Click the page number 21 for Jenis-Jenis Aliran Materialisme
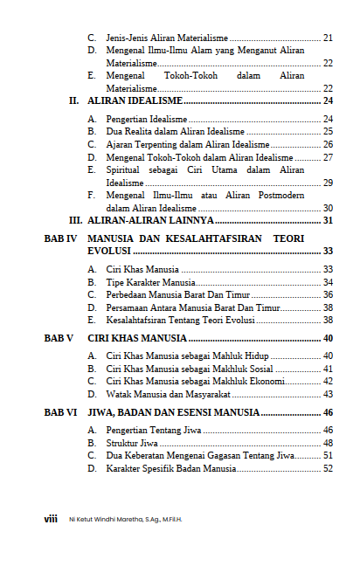[x=328, y=38]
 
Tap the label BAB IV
[x=61, y=238]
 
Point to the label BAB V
[x=59, y=338]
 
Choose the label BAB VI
[x=61, y=412]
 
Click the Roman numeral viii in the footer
[x=51, y=518]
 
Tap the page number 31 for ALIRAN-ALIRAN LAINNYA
[x=328, y=221]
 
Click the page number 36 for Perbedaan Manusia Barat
[x=328, y=295]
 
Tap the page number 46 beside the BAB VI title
[x=328, y=412]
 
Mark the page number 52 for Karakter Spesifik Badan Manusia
[x=328, y=468]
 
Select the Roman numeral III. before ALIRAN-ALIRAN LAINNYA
[x=76, y=221]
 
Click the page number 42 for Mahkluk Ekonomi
[x=328, y=381]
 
